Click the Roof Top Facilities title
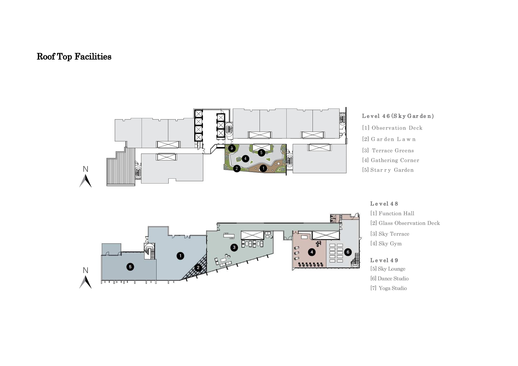pos(74,57)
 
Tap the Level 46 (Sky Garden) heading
pos(398,116)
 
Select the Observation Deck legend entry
pos(392,128)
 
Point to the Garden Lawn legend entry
pos(389,139)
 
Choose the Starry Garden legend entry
pos(388,170)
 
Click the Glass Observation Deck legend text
pos(405,223)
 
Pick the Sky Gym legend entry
pos(386,244)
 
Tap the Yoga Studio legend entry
pos(389,288)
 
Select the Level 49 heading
pos(384,260)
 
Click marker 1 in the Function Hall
pos(180,256)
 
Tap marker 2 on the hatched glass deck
pos(198,268)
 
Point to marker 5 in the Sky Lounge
pos(130,267)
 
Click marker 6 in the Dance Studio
pos(348,252)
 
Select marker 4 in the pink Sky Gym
pos(312,252)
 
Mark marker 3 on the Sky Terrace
pos(234,247)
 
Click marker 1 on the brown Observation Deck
pos(263,168)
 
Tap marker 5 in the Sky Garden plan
pos(261,152)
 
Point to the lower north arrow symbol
pos(85,282)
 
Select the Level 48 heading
pos(384,204)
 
